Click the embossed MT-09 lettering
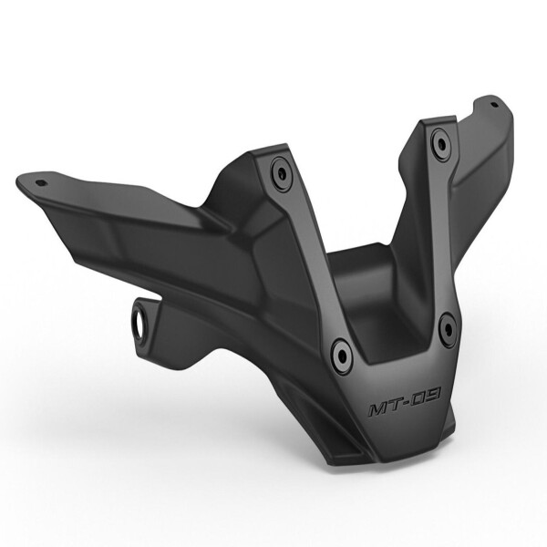pos(405,402)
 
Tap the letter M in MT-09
pos(378,409)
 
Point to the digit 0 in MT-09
pos(418,399)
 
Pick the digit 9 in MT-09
pos(433,395)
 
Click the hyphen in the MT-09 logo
pos(407,403)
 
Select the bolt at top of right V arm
pos(441,141)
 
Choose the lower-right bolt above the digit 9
pos(447,327)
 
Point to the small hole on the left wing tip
pos(40,181)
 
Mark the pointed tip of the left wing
pos(20,180)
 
